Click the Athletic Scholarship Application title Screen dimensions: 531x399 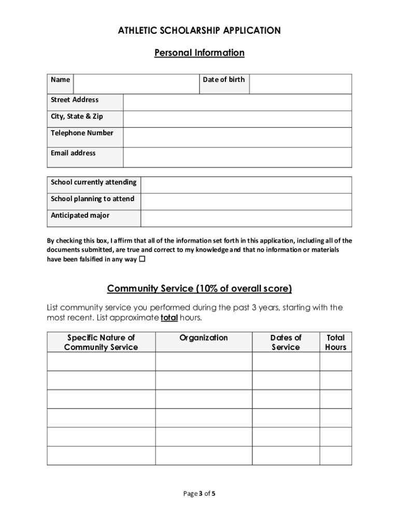coord(199,31)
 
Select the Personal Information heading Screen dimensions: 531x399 coord(199,53)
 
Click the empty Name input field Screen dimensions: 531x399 coord(136,83)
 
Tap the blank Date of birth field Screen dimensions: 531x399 coord(300,83)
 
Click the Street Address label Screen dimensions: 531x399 coord(75,100)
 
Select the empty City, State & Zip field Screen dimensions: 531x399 coord(237,119)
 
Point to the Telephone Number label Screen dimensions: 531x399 coord(82,133)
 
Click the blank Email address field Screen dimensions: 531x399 coord(237,157)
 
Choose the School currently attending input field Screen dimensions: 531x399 coord(246,185)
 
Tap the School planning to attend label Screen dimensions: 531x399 coord(92,199)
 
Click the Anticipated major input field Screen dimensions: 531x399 coord(246,218)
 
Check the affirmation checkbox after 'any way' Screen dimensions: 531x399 coord(142,259)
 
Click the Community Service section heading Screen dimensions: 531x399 coord(199,288)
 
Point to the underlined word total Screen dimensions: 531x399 coord(169,317)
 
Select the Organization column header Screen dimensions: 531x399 coord(204,338)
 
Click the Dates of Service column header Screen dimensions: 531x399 coord(286,342)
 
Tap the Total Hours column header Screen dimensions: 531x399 coord(335,342)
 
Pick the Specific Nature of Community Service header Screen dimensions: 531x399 coord(101,342)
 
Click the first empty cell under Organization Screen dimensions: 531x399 coord(204,361)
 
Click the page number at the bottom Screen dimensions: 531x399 coord(199,494)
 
